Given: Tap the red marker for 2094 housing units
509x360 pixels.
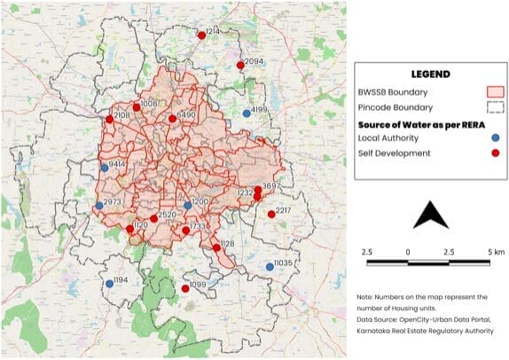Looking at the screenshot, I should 240,65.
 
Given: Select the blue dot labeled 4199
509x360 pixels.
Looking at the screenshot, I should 247,113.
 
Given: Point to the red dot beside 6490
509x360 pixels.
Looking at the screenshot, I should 172,118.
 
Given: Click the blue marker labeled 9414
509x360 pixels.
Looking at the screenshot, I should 105,167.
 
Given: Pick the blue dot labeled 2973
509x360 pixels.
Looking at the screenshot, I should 99,206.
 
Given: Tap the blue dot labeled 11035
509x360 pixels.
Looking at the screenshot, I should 270,267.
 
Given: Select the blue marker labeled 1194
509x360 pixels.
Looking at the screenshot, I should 109,284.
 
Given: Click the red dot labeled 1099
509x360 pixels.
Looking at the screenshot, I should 185,288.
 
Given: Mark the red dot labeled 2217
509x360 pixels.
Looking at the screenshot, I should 271,214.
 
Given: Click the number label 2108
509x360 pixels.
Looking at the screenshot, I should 122,114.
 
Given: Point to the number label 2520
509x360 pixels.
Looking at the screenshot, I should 167,215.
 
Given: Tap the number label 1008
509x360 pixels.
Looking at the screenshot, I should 148,104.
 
